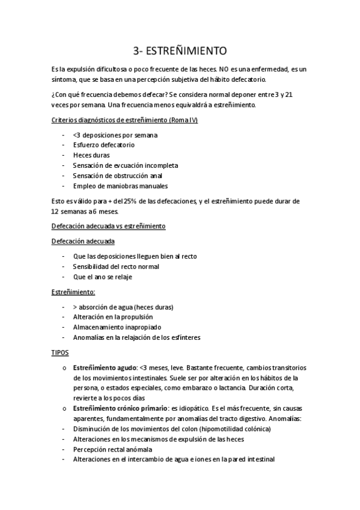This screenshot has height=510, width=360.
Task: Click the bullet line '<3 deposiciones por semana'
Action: (x=115, y=135)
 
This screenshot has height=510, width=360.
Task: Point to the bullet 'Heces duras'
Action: (x=91, y=155)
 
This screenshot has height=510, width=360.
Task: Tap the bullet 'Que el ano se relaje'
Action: (x=102, y=277)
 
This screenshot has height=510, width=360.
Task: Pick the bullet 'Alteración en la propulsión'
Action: (x=113, y=317)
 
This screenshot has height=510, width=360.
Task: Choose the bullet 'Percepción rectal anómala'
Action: (x=112, y=449)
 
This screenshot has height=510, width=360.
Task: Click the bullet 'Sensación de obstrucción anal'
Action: (x=118, y=175)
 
